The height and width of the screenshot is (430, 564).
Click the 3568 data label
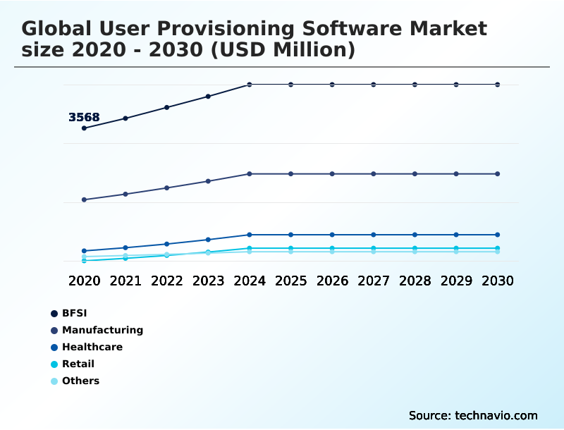84,118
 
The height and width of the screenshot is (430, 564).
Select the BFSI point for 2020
84,128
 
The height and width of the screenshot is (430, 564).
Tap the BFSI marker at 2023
208,96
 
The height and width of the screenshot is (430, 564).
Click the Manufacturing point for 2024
250,173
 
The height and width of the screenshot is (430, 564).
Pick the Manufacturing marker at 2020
84,199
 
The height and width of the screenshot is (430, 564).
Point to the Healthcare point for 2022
167,244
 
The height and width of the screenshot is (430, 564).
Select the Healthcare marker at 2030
498,235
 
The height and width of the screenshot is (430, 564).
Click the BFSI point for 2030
498,85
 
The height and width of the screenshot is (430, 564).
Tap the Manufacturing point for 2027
374,173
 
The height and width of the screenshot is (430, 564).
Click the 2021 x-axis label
125,281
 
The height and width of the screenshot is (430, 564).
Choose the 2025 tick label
290,281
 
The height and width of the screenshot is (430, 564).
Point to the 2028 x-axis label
415,281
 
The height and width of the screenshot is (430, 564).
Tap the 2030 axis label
498,281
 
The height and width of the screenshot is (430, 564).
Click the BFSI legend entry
74,313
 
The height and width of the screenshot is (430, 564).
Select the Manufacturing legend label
102,330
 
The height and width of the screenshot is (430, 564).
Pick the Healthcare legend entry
92,347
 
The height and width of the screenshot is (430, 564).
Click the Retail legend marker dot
54,364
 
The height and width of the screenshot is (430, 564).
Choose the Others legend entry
80,381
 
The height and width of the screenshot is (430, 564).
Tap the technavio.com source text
496,415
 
